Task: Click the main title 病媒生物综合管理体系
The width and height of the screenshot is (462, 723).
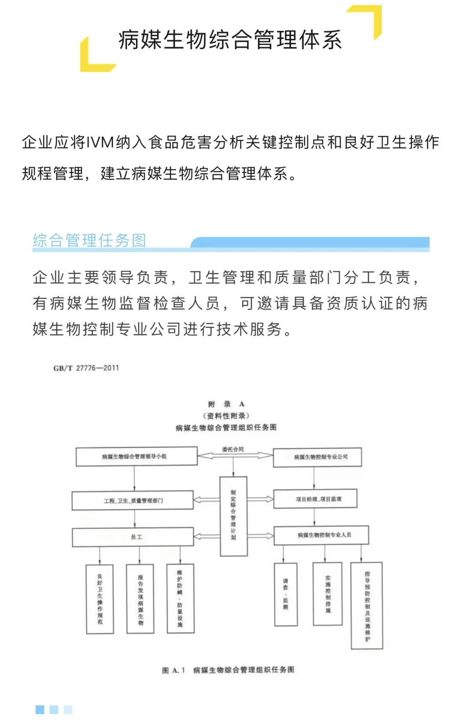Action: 230,40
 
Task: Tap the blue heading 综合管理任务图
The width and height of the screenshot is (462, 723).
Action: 89,240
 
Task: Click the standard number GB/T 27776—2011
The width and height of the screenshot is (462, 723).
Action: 86,368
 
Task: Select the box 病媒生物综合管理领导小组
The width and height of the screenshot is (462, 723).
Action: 136,457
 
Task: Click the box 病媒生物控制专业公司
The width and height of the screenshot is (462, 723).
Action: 317,457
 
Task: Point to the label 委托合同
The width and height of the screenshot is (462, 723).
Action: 233,449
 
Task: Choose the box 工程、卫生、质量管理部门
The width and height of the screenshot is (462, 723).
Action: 133,501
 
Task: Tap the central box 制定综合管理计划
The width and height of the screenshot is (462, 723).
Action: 233,516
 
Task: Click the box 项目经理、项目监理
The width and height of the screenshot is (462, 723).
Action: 315,499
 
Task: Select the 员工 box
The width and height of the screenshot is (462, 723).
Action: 133,537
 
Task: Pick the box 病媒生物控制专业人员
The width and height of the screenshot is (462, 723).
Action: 321,535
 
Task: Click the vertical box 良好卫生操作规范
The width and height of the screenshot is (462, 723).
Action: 100,599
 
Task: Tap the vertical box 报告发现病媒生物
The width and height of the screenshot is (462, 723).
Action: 140,599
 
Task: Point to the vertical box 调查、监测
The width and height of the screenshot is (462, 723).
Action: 285,594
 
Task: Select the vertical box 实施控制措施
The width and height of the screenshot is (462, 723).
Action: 328,594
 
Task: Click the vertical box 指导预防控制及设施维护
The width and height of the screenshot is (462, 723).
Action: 367,605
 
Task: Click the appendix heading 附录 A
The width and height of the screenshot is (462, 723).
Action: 226,404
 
